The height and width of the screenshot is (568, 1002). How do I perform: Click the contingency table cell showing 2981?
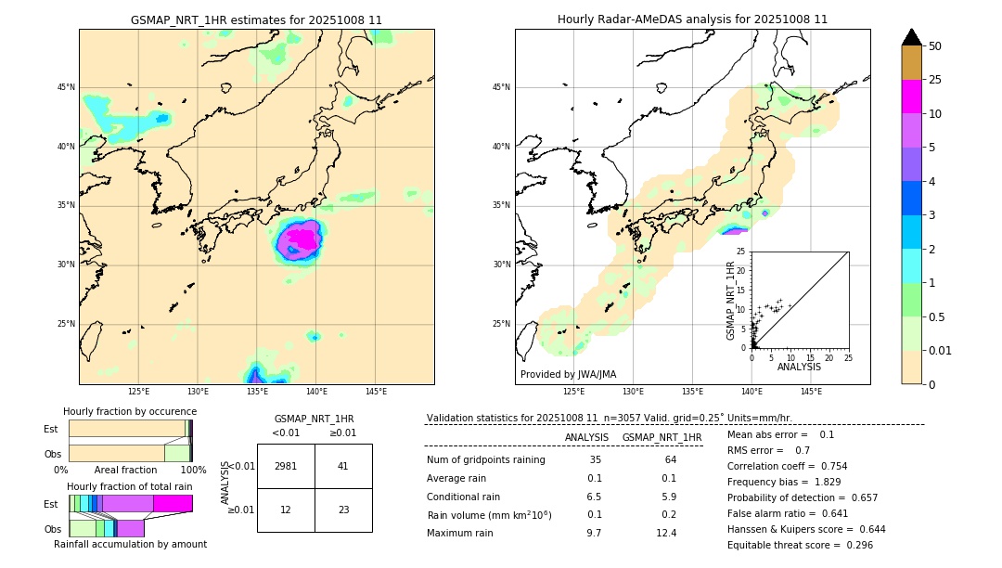(286, 466)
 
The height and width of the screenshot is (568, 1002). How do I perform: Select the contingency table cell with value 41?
(343, 466)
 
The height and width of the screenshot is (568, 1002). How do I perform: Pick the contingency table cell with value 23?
(343, 510)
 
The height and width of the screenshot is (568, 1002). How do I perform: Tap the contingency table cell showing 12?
(286, 510)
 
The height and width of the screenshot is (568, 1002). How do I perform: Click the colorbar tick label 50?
(935, 46)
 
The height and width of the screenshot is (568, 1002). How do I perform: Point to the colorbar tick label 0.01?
(941, 350)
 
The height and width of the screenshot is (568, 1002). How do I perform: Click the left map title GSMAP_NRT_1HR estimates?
(256, 19)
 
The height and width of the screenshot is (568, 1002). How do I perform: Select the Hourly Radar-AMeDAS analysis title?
(692, 19)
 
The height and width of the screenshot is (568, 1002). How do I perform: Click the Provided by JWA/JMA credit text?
(568, 375)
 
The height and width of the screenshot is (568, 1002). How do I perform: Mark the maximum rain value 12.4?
(666, 533)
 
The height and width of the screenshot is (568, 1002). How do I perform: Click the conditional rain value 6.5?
(594, 497)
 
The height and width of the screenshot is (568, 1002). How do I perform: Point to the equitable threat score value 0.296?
(854, 545)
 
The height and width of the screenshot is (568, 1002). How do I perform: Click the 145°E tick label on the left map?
(376, 392)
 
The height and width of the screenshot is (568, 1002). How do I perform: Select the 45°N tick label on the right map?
(502, 88)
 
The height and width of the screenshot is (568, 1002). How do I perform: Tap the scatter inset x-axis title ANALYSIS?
(799, 367)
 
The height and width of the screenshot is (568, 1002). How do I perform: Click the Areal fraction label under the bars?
(125, 471)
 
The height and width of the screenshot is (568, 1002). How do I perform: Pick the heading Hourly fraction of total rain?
(130, 486)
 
